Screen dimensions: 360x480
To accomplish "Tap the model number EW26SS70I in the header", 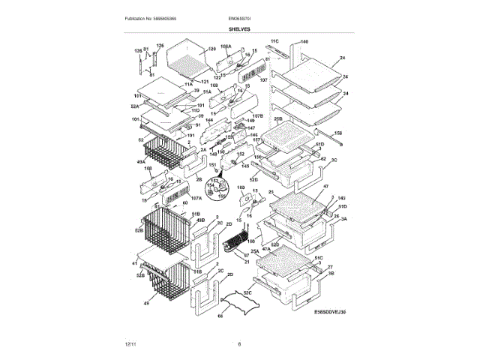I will [x=238, y=18].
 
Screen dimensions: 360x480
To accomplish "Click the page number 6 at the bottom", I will [x=239, y=343].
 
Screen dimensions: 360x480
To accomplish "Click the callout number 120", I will [x=211, y=49].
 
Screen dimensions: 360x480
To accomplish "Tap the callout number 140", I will [x=304, y=41].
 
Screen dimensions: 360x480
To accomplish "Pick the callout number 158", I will [x=338, y=133].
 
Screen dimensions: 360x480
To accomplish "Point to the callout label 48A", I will [x=140, y=161].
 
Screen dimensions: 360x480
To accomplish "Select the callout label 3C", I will [x=334, y=160].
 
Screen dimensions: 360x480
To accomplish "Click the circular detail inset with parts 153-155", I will [x=218, y=191].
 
